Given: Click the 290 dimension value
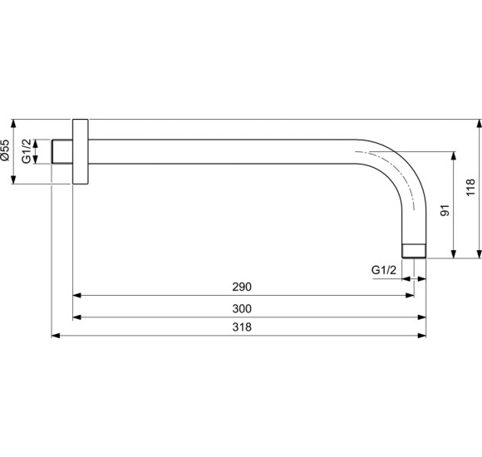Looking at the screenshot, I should click(x=241, y=287).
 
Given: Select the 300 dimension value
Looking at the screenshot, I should click(x=241, y=308).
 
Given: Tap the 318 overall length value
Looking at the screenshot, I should click(x=241, y=327).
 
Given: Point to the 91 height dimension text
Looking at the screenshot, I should click(x=445, y=212).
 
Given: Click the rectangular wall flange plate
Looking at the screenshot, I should click(x=80, y=150).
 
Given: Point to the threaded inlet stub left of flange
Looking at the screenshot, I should click(x=61, y=150).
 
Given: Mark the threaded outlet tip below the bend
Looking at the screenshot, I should click(x=414, y=250).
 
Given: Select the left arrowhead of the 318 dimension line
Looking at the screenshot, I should click(x=56, y=336).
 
